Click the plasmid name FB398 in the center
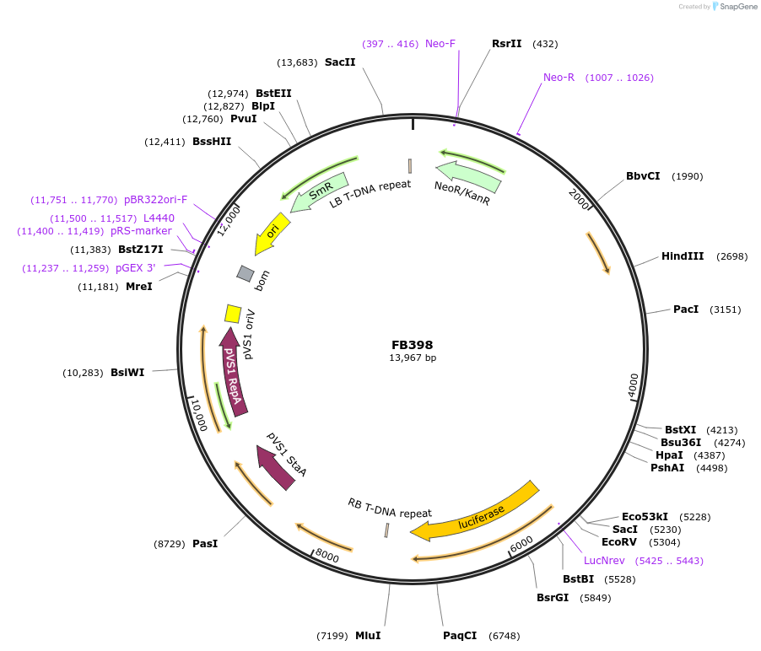coord(412,345)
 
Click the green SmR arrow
coord(318,193)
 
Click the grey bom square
coord(246,273)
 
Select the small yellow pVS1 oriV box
coord(233,314)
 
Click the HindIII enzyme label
coord(682,256)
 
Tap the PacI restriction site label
coord(686,309)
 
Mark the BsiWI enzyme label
coord(127,372)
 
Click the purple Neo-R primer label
coord(559,78)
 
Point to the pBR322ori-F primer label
coord(155,200)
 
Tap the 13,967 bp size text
coord(412,358)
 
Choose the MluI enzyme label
coord(368,635)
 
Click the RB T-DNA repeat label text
coord(390,508)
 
